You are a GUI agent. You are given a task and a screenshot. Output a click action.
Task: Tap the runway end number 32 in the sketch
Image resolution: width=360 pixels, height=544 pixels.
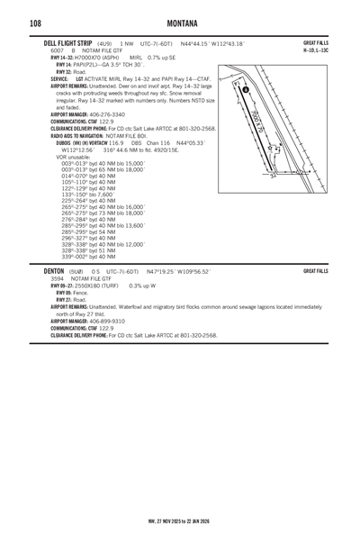click(x=273, y=175)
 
